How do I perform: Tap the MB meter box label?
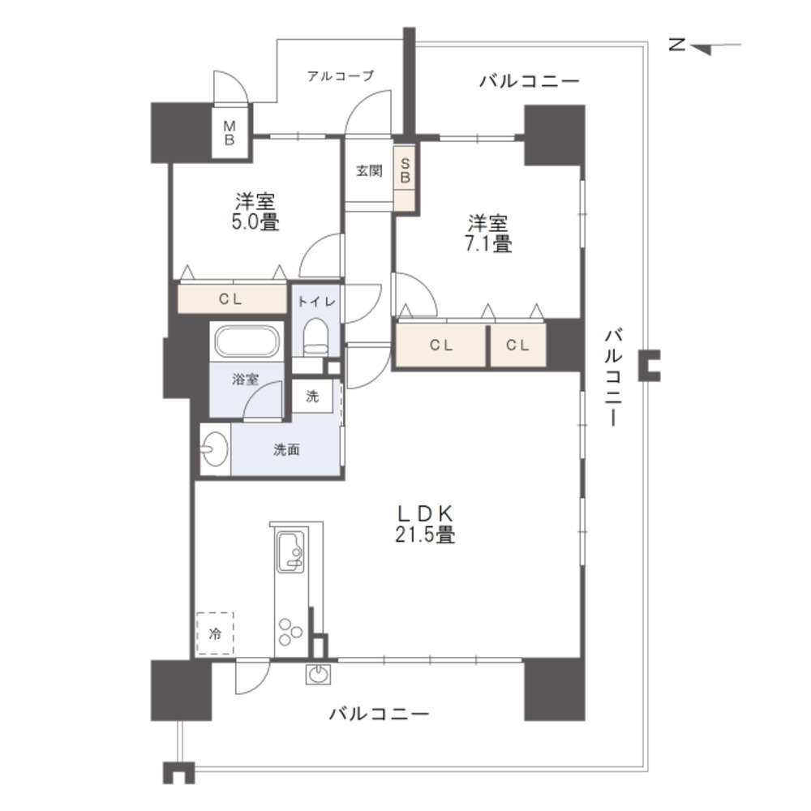pos(230,133)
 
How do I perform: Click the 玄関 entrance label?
pos(368,171)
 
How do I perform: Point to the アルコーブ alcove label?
pos(341,76)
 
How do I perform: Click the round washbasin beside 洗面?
pos(215,449)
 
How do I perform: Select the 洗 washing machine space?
pos(313,397)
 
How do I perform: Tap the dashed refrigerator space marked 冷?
pos(215,634)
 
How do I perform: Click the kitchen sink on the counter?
pos(290,551)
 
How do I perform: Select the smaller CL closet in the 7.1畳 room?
pos(518,345)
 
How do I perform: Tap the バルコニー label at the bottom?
pos(379,714)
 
